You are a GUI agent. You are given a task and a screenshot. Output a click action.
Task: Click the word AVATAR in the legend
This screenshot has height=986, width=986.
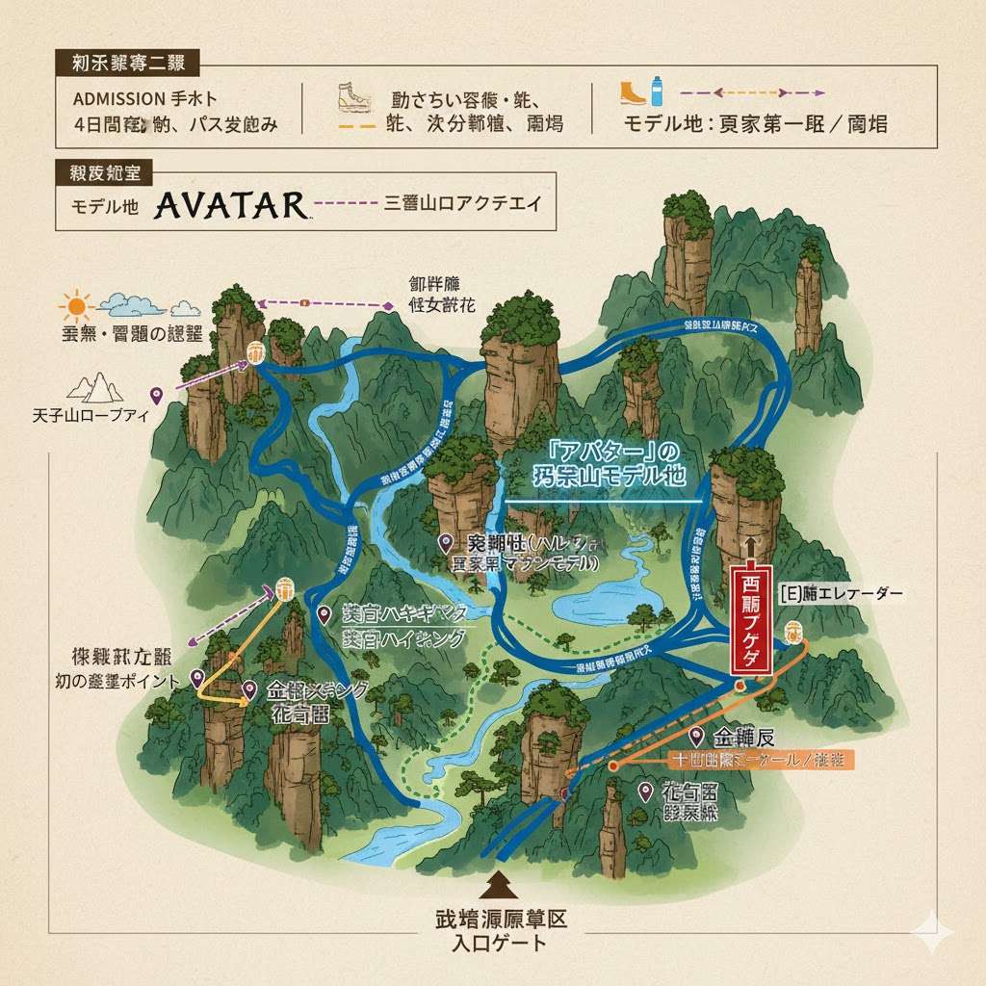[229, 205]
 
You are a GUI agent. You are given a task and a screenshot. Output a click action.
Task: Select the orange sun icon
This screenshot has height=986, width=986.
[76, 307]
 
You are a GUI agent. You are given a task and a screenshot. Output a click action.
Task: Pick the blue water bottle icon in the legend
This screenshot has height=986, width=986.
[657, 91]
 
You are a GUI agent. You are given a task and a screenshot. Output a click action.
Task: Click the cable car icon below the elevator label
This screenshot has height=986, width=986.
[793, 632]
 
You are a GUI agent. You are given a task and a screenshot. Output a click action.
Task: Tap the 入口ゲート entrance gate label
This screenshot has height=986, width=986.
[499, 943]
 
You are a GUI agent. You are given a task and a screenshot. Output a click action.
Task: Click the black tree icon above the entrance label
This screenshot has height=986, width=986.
[499, 883]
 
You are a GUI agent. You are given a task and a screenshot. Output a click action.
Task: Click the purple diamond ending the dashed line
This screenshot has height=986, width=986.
[389, 306]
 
